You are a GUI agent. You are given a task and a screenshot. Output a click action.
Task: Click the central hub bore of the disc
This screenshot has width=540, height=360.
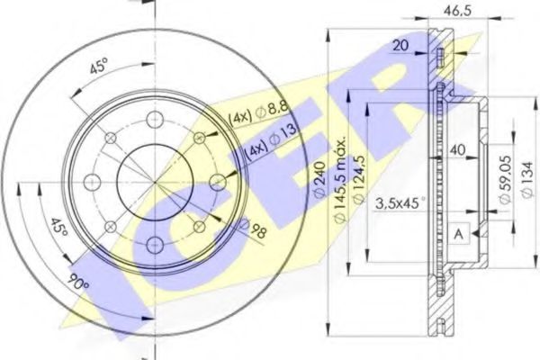155,179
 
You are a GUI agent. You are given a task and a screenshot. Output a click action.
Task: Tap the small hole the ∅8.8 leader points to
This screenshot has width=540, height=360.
200,138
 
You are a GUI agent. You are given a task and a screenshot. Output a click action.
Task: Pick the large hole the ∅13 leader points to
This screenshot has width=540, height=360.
216,182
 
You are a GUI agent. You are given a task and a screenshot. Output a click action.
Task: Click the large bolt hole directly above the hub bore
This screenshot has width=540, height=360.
155,119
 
